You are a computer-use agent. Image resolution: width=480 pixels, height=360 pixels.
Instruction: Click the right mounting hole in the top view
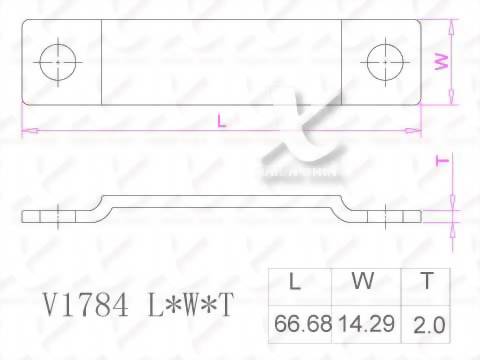tap(385, 62)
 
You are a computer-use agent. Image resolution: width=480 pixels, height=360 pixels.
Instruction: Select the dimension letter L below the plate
tap(221, 121)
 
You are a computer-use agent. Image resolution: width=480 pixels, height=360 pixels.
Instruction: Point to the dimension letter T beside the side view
tap(441, 160)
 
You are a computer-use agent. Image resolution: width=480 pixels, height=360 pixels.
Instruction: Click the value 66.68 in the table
tap(297, 325)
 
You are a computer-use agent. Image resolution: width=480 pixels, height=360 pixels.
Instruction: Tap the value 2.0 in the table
tap(428, 325)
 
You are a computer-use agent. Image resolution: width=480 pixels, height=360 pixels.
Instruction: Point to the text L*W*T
tap(188, 304)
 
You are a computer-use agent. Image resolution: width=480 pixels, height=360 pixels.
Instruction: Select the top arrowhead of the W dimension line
tap(453, 26)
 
